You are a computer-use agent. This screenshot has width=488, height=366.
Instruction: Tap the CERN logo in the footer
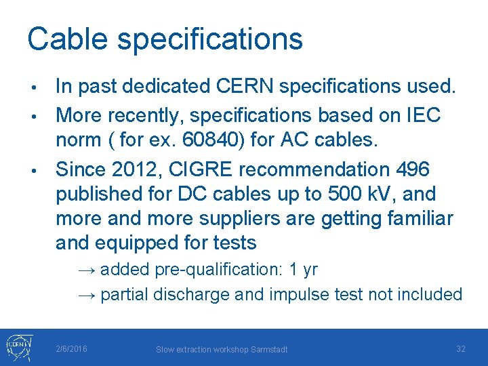[17, 347]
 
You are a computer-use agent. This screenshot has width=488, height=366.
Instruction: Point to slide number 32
[460, 348]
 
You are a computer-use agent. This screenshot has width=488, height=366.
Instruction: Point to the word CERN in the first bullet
[239, 86]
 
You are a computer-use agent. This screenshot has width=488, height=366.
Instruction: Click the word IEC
[424, 115]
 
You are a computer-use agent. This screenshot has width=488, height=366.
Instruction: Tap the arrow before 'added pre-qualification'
[87, 269]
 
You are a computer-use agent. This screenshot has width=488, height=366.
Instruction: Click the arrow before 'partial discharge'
[87, 295]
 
